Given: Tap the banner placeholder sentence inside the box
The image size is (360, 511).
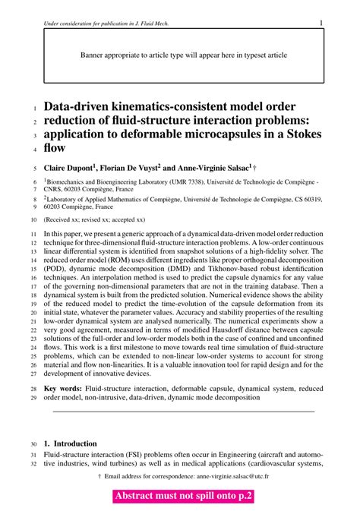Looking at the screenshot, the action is (x=183, y=55).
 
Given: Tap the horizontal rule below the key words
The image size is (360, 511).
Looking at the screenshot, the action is (x=183, y=412).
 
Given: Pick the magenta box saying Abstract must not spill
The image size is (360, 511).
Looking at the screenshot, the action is (x=183, y=497).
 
